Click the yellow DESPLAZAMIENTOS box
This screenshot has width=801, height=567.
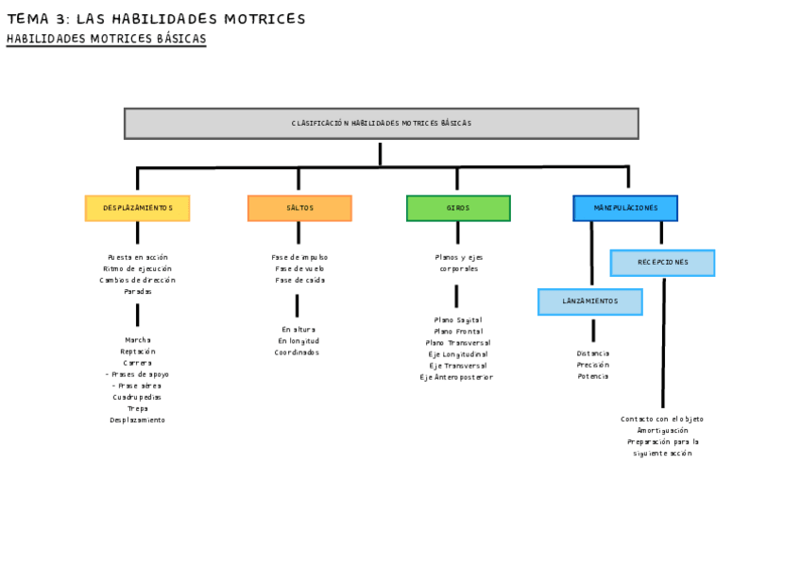tap(137, 208)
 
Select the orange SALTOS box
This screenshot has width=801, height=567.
tap(299, 208)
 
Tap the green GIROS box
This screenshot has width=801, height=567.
tap(458, 208)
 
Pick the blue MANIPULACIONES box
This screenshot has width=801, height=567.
tap(625, 208)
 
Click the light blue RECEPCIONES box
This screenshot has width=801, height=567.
tap(662, 263)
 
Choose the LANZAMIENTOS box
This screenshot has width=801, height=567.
tap(590, 301)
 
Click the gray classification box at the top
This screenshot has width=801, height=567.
tap(381, 124)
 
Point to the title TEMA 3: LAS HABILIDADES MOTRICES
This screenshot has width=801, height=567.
tap(156, 19)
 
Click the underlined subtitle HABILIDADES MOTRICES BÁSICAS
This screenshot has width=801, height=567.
tap(106, 40)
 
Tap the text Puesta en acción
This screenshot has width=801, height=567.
tap(137, 257)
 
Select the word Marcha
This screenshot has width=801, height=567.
tap(137, 340)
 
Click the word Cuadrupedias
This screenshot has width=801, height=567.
tap(137, 397)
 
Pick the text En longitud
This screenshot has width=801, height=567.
tap(298, 341)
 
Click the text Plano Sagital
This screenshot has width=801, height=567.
tap(457, 320)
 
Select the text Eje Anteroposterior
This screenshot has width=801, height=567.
tap(456, 377)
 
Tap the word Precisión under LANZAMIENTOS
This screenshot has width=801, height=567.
tap(592, 365)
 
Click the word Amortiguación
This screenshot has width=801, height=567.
tap(662, 430)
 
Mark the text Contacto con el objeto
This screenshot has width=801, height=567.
tap(662, 419)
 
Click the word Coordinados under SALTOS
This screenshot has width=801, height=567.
tap(298, 352)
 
